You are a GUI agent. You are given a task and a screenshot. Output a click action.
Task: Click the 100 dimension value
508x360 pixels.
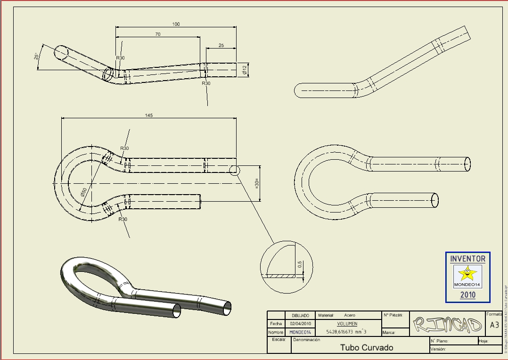point(176,24)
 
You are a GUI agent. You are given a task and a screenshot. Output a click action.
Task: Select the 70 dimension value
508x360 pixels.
point(157,34)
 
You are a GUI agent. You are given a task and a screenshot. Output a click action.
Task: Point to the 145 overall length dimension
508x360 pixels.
point(149,115)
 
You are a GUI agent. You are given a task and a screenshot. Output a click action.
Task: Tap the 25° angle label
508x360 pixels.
point(36,57)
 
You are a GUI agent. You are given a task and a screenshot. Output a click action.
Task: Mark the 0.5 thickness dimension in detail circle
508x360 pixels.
point(299,265)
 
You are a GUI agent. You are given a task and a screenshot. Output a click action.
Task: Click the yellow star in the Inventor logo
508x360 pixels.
point(468,273)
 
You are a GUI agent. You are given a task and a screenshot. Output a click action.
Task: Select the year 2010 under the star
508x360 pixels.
point(468,295)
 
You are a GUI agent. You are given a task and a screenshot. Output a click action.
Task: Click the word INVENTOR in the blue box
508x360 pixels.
point(467,259)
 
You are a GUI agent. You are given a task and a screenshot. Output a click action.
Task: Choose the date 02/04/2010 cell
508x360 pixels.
point(301,324)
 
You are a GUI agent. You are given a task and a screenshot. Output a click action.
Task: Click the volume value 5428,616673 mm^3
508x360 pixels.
point(346,332)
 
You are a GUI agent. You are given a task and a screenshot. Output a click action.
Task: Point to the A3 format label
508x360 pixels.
point(494,325)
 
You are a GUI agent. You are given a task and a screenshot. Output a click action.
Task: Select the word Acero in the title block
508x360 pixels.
point(350,315)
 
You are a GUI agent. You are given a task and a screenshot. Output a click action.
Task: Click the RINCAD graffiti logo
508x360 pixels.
point(447,324)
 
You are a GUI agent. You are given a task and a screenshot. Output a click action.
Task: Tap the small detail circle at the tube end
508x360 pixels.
point(235,170)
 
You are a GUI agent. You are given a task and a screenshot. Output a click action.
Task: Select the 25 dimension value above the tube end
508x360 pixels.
point(221,46)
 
